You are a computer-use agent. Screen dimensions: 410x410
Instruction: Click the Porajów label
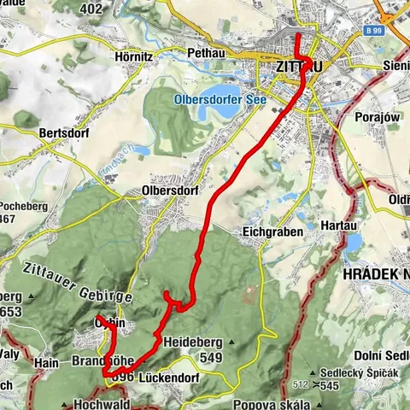378,119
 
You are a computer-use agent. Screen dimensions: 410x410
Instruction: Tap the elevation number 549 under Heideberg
208,356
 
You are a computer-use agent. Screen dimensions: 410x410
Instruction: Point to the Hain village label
45,363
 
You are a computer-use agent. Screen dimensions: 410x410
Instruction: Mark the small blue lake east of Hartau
353,246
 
